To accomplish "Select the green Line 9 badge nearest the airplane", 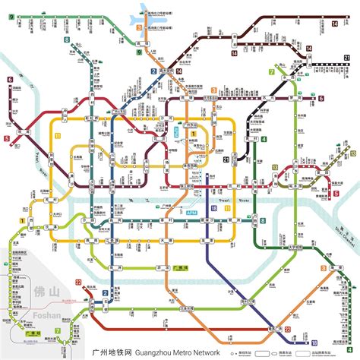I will (138, 43).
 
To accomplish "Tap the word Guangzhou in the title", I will (148, 352).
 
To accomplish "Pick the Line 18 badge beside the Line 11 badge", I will (215, 207).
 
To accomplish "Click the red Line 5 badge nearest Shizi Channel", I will (337, 194).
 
